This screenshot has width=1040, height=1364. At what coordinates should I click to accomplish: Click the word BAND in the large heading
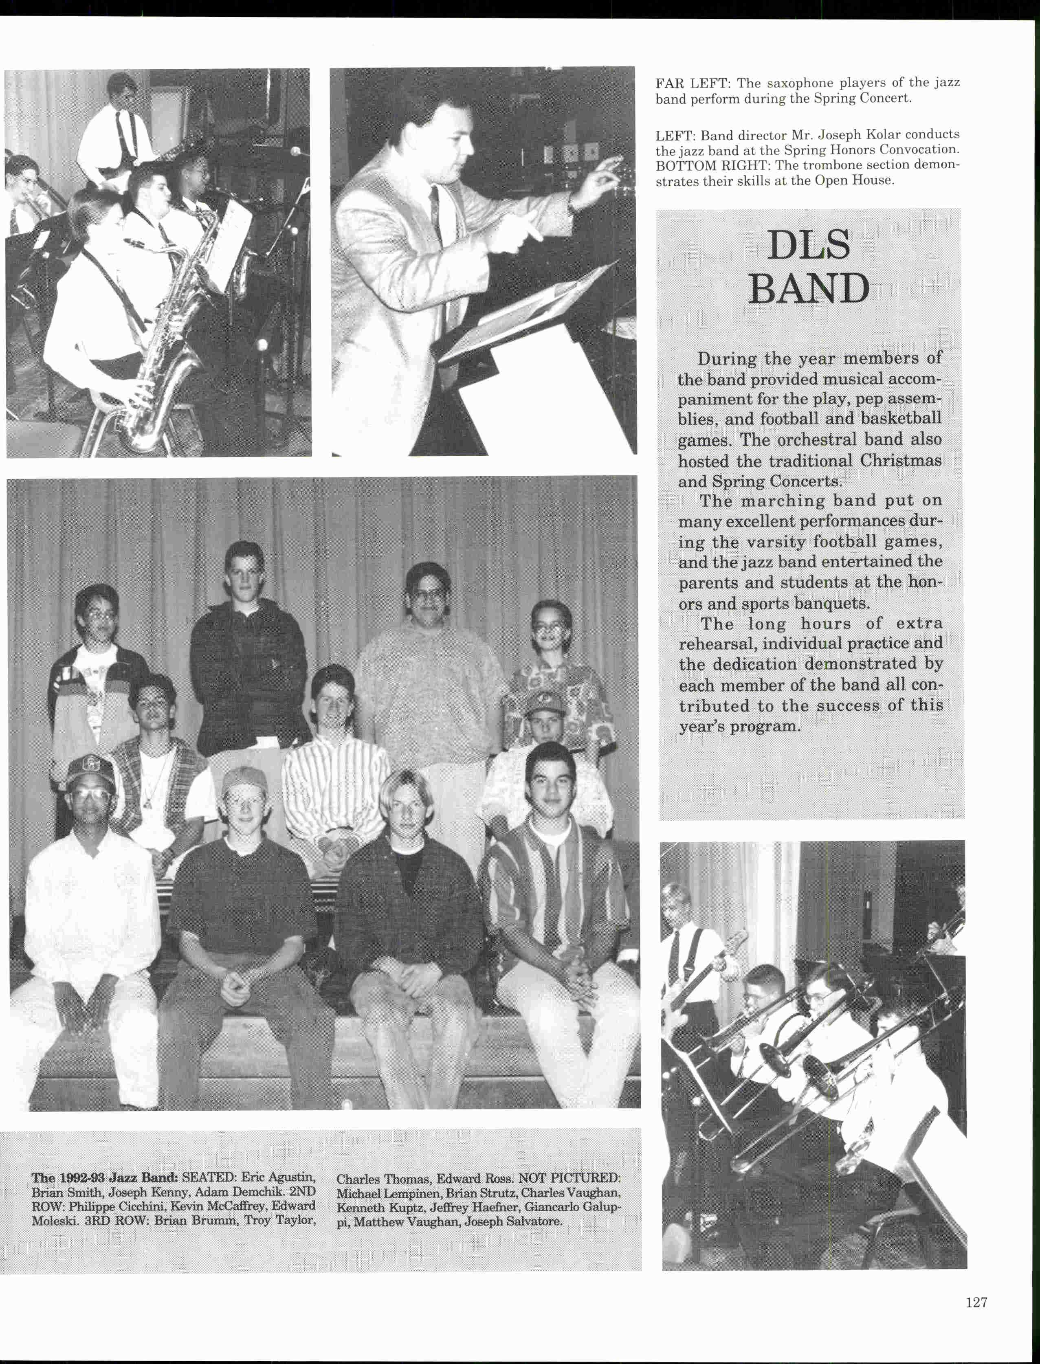click(809, 288)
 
